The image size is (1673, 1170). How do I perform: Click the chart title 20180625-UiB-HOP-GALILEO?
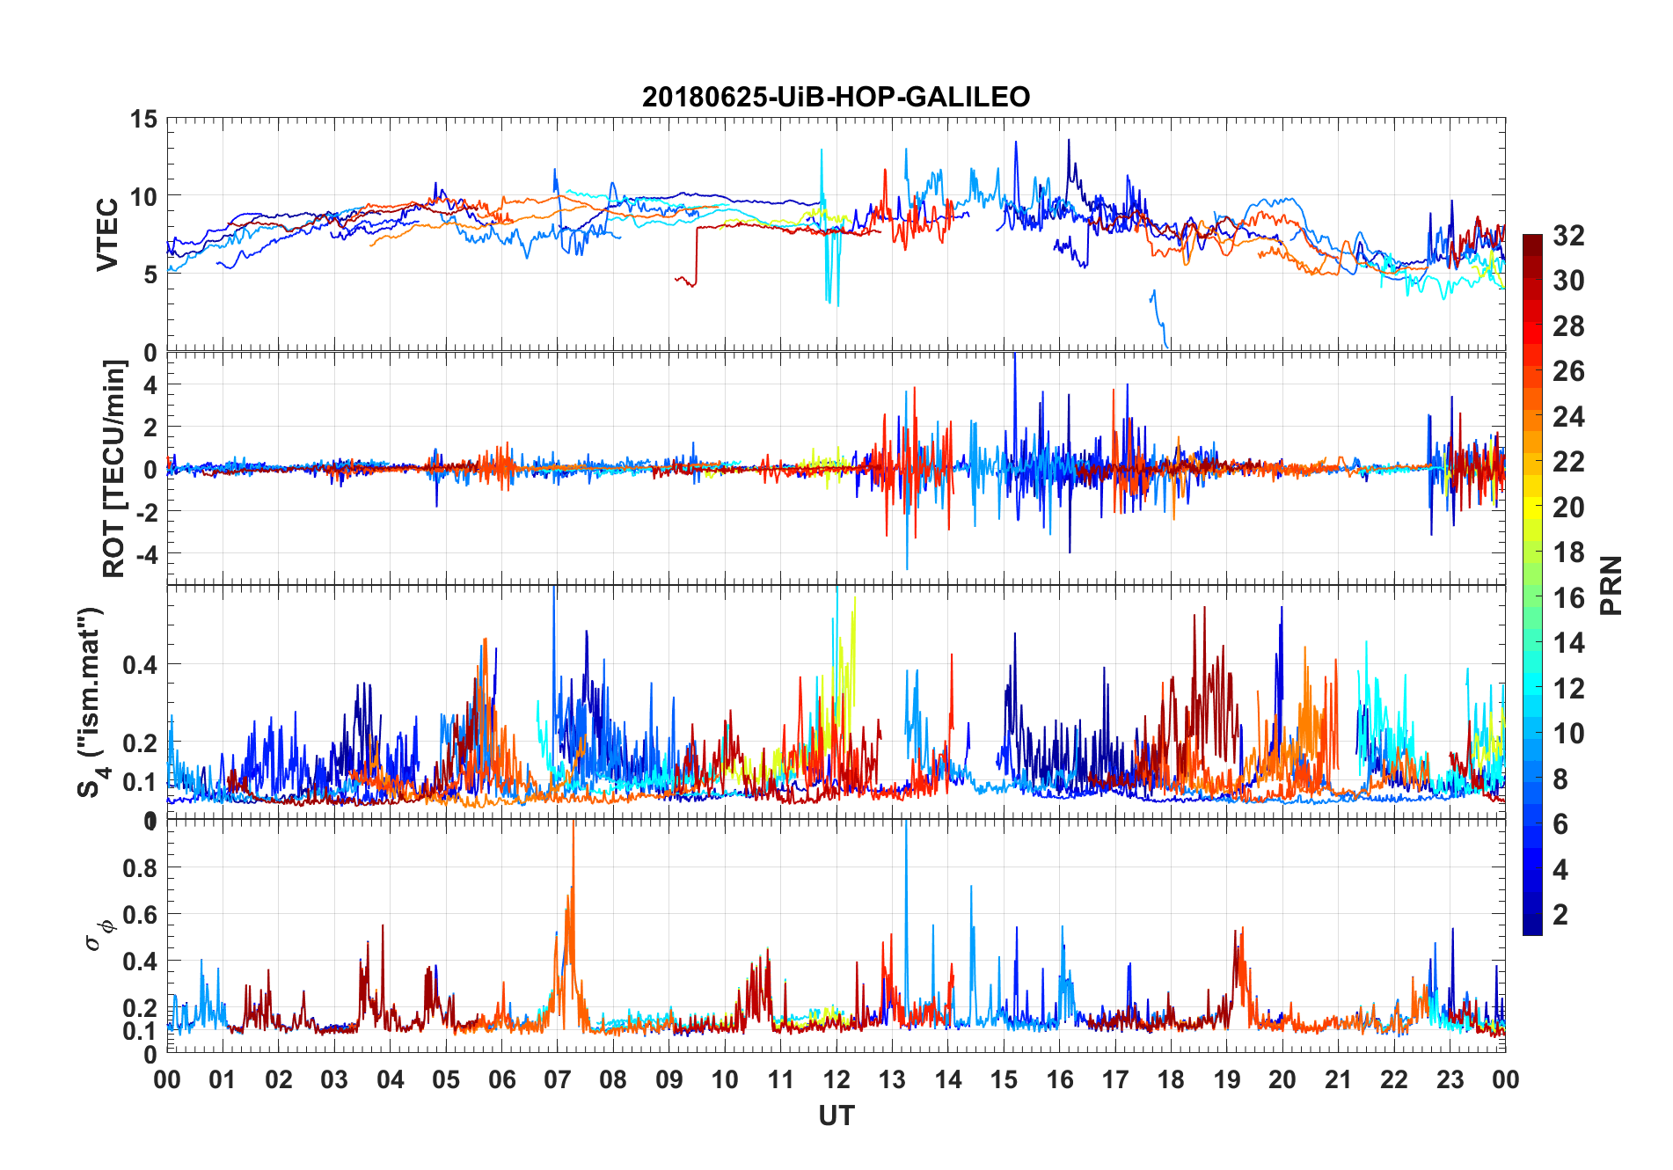pos(836,97)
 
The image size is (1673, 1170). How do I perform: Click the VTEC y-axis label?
pos(107,234)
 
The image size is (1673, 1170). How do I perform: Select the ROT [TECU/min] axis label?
pos(114,468)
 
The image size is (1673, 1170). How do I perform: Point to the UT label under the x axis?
pos(836,1115)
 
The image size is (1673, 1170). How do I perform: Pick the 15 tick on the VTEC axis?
pos(144,119)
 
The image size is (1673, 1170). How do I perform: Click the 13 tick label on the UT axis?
pos(892,1080)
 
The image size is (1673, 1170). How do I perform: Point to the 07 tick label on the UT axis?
pos(558,1080)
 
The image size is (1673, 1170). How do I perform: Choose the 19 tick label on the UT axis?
pos(1226,1080)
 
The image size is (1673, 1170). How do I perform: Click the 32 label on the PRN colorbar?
pos(1568,236)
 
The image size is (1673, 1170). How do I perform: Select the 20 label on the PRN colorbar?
pos(1568,508)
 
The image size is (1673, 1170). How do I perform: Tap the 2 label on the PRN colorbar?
pos(1560,915)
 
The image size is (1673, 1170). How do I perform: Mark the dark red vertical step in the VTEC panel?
pos(697,255)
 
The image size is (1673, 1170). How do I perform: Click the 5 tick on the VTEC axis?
pos(150,274)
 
